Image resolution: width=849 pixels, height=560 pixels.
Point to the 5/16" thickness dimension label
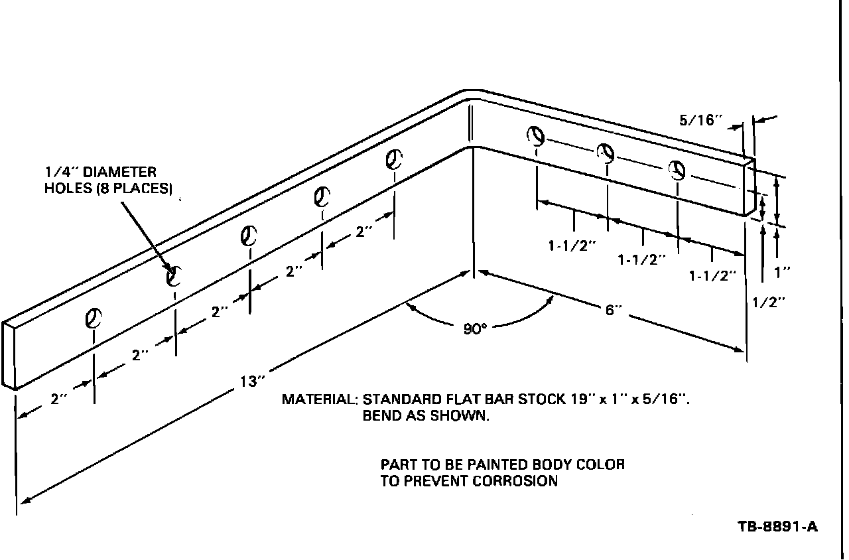(x=699, y=121)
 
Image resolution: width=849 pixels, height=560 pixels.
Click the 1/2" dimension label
(x=769, y=301)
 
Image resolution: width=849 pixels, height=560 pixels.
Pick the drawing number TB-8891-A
(x=777, y=527)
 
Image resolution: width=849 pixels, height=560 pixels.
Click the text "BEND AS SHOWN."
(x=426, y=417)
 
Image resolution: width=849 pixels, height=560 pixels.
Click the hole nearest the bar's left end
(x=93, y=318)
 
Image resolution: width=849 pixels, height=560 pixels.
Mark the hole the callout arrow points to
(x=174, y=273)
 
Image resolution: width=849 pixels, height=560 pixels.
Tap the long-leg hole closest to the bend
(x=395, y=159)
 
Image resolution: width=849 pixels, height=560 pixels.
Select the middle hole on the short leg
(x=606, y=153)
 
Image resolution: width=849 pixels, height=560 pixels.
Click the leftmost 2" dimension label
(x=59, y=399)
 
